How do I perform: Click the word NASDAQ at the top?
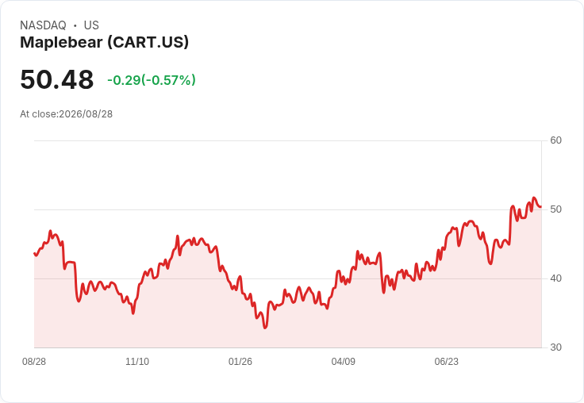click(x=43, y=25)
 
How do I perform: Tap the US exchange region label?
click(x=91, y=25)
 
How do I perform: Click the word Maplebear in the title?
click(x=61, y=43)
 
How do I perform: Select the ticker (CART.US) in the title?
click(x=148, y=43)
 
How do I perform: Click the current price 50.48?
click(x=57, y=79)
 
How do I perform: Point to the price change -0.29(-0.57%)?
click(x=152, y=80)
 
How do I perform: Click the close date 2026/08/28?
click(x=86, y=114)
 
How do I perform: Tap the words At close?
click(x=38, y=114)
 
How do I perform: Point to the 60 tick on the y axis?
click(x=555, y=140)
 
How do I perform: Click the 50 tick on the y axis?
click(x=555, y=209)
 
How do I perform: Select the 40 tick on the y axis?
click(x=555, y=278)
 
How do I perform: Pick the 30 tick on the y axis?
click(x=555, y=347)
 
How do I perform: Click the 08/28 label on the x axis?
click(x=34, y=362)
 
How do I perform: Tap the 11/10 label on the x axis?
click(x=137, y=362)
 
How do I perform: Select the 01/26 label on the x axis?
click(x=240, y=362)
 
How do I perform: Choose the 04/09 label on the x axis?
click(x=344, y=362)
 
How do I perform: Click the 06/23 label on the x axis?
click(x=447, y=362)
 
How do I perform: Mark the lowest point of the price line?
click(x=265, y=328)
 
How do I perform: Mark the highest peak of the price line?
click(x=534, y=198)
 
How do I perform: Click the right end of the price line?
click(x=541, y=207)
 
